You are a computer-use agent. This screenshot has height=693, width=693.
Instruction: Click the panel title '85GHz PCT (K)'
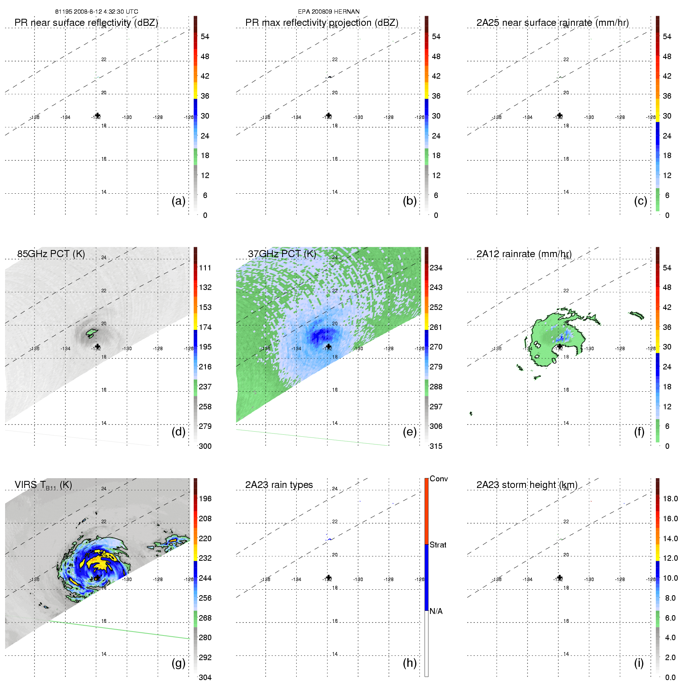pos(51,254)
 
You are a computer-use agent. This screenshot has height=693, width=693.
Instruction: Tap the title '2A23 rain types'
pos(279,485)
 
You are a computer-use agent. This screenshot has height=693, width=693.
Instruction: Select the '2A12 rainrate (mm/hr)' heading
pos(524,254)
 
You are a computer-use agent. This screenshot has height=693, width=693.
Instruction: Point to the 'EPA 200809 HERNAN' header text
pos(329,12)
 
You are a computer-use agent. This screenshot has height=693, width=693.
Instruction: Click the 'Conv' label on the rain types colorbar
pos(439,479)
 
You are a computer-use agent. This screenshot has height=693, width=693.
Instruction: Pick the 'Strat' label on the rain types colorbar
pos(438,545)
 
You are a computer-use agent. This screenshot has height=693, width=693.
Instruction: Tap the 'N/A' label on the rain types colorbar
pos(436,611)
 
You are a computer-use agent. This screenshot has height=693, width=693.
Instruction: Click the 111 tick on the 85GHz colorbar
pos(205,268)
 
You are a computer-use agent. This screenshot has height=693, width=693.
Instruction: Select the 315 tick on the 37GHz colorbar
pos(436,446)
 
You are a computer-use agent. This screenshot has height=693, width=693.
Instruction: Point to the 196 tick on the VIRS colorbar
pos(205,499)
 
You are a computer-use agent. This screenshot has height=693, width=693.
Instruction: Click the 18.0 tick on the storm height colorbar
pos(670,499)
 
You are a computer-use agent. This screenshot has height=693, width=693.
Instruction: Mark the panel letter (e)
pos(410,432)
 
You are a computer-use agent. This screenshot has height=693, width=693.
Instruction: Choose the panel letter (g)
pos(178,663)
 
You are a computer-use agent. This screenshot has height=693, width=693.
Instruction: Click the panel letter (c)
pos(641,201)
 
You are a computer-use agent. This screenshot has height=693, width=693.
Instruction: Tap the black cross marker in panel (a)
pos(97,115)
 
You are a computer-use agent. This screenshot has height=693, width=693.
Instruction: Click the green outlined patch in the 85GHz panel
pos(92,333)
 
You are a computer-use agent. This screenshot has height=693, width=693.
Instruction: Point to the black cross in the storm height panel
pos(560,578)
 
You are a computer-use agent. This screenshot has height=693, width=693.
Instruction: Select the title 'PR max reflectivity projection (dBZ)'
pos(322,23)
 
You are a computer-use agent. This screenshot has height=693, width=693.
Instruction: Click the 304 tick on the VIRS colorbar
pos(205,677)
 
